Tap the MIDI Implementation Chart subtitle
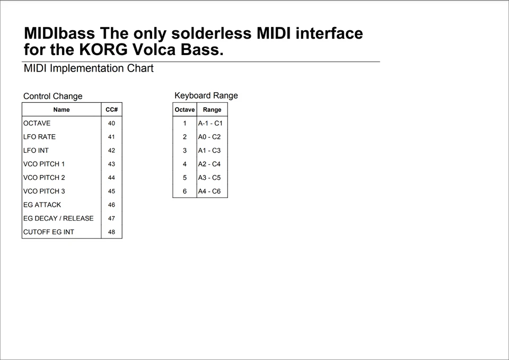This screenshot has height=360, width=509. click(x=89, y=68)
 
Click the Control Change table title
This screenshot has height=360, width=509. click(x=52, y=96)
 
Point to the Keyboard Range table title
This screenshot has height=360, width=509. click(x=206, y=95)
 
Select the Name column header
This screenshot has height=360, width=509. click(x=62, y=110)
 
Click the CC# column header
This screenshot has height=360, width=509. click(x=111, y=110)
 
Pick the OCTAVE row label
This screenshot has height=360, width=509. click(x=37, y=123)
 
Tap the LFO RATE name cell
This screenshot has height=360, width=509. click(x=39, y=137)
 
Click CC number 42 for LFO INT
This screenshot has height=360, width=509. click(x=111, y=151)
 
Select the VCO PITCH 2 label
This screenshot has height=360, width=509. click(x=44, y=178)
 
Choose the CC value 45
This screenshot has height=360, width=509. click(x=111, y=191)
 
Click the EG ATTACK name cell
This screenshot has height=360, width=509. click(x=42, y=205)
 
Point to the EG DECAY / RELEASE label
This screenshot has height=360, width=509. click(x=58, y=218)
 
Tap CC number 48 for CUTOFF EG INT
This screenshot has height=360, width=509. click(x=111, y=232)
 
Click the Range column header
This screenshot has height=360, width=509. click(x=212, y=110)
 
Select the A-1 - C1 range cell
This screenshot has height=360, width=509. click(x=210, y=123)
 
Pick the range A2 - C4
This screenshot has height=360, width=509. click(x=209, y=164)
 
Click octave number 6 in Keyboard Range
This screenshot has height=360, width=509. click(x=185, y=191)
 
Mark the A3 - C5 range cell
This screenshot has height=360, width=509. click(x=209, y=178)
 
